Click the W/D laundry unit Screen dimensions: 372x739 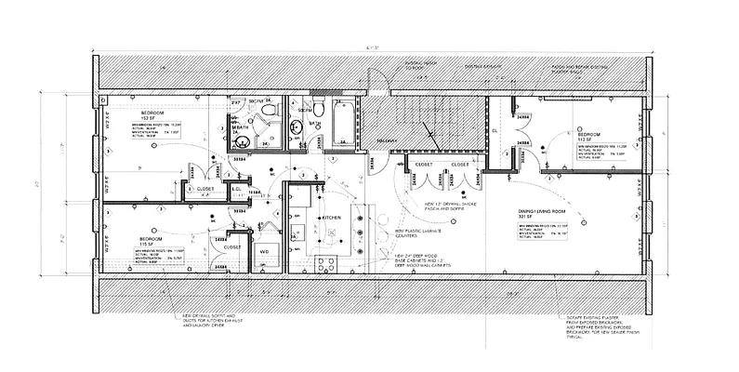[264, 251]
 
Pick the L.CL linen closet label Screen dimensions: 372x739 [237, 190]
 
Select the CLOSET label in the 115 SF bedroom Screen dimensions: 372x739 [233, 246]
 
